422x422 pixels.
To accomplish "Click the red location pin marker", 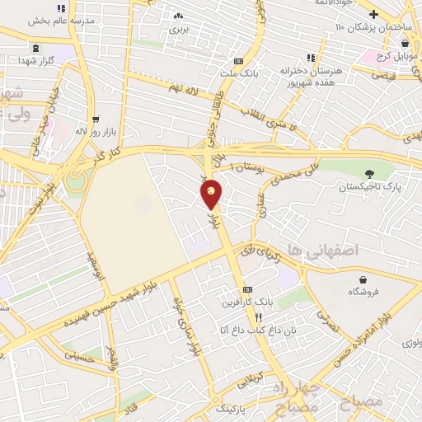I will (212, 194).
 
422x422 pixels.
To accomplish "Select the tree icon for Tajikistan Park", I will (368, 173).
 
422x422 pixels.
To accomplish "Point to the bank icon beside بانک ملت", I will (239, 61).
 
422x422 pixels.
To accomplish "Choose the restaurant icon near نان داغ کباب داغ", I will (257, 317).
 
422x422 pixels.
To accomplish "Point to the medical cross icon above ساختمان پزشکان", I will (373, 14).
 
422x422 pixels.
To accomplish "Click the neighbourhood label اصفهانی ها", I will (309, 248).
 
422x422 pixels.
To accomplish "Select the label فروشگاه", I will (366, 291).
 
